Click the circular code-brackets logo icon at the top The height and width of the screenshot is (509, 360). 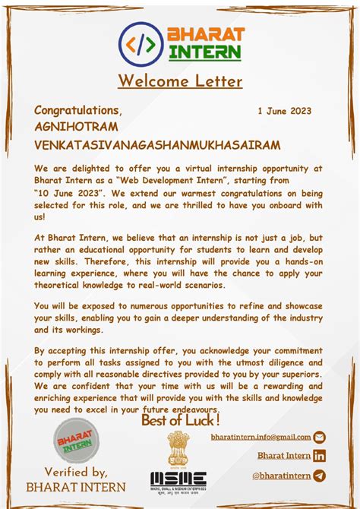(142, 45)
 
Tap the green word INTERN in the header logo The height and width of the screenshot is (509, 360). (205, 53)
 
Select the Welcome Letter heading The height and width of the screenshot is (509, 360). (180, 81)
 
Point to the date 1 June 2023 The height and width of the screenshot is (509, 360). (284, 111)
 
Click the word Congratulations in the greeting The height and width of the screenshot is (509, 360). (77, 111)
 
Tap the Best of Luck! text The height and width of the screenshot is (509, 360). (181, 419)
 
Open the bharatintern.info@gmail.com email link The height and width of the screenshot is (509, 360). (261, 437)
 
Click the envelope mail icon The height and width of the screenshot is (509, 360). (319, 437)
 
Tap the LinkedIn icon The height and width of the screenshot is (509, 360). (319, 456)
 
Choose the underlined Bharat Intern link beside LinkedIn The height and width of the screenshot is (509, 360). (283, 456)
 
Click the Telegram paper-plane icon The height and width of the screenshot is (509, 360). (319, 476)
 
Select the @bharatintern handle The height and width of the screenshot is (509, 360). (281, 476)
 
